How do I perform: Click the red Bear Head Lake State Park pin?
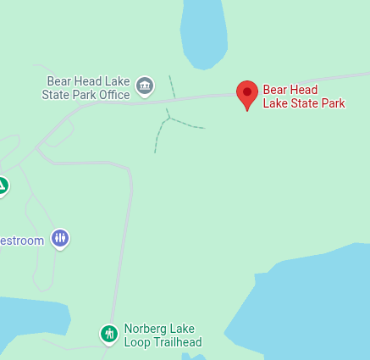click(246, 93)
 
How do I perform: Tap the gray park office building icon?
click(145, 85)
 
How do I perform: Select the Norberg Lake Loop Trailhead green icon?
click(108, 334)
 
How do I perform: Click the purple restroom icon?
click(59, 239)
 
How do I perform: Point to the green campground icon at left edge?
click(3, 186)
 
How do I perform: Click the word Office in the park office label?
click(113, 95)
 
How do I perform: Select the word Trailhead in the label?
click(176, 342)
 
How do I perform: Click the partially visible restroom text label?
click(21, 241)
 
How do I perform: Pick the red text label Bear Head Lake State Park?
click(304, 96)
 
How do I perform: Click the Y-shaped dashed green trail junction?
click(168, 119)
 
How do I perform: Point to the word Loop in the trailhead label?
click(137, 342)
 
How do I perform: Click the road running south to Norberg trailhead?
click(127, 246)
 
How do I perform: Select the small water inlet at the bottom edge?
click(193, 356)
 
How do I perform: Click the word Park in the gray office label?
click(83, 95)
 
